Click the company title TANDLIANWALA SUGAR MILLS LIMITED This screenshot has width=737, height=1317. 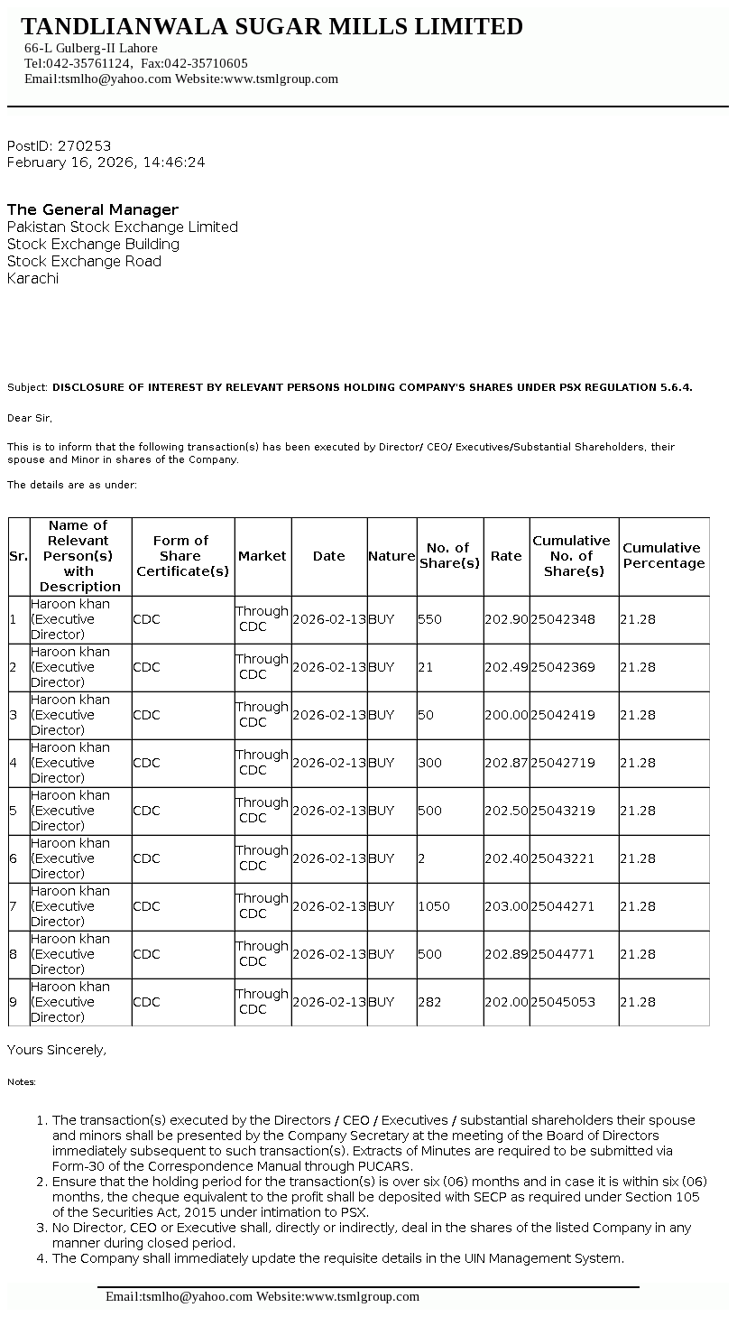click(x=272, y=27)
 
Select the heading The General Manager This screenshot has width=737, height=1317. click(x=93, y=209)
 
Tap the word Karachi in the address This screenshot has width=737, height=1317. click(x=32, y=278)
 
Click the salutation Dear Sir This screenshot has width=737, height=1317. click(x=30, y=418)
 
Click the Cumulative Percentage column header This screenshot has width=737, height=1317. click(x=663, y=555)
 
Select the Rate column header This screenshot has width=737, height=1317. click(x=506, y=556)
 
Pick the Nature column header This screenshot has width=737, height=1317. click(x=392, y=556)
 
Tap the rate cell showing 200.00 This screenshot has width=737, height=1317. click(x=506, y=715)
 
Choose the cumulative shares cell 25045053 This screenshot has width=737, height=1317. click(x=563, y=1002)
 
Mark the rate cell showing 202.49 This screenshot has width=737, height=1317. click(x=506, y=667)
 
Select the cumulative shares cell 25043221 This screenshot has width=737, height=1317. click(x=563, y=858)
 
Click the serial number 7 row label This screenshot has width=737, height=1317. click(x=14, y=906)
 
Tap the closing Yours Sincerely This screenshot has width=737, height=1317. click(x=57, y=1050)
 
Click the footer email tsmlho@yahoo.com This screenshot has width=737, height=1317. click(x=179, y=1296)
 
